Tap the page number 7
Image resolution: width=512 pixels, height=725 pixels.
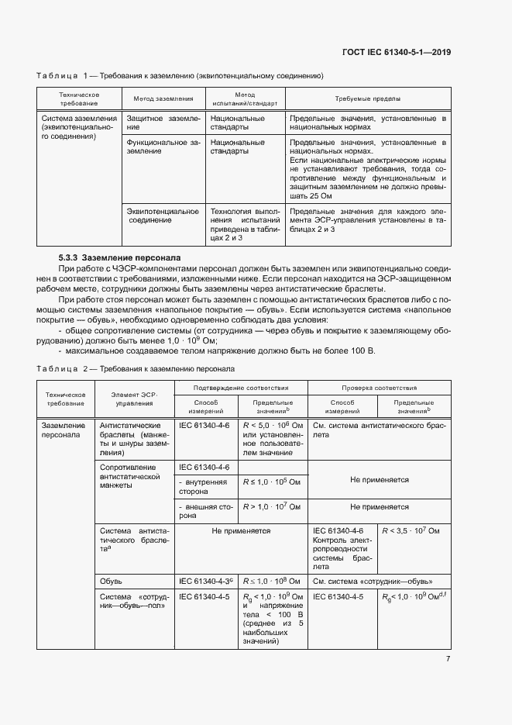click(448, 659)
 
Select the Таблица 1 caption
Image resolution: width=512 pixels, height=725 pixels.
click(179, 76)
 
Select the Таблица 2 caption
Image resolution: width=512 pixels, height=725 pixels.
click(136, 369)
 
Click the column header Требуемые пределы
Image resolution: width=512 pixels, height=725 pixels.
click(367, 99)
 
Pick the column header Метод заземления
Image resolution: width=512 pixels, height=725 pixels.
click(163, 99)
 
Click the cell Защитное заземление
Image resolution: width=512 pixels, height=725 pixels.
click(163, 123)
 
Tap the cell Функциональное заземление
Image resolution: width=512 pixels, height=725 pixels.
click(163, 147)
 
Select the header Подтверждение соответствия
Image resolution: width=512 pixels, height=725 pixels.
click(241, 387)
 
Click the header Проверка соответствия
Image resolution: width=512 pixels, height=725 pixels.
click(380, 387)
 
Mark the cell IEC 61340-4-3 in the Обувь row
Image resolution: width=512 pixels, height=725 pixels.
click(206, 580)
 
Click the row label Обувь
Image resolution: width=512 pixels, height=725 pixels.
click(112, 580)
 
